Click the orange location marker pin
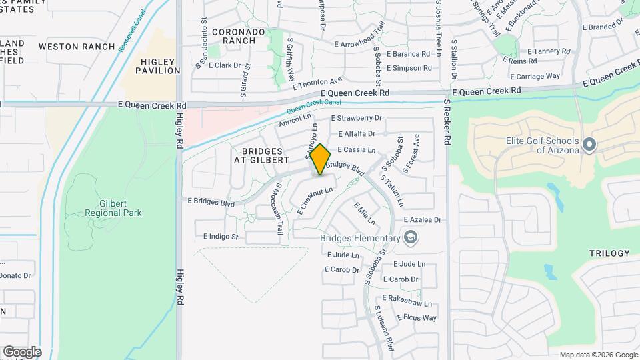321,159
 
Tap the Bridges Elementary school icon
411,237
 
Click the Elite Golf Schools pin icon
589,145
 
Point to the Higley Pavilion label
158,66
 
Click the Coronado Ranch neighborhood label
234,36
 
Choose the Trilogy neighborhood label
609,253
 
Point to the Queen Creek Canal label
313,106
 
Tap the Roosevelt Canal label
131,32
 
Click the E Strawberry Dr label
358,118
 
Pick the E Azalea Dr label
423,219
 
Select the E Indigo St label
216,237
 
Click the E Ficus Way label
417,318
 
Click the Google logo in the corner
21,352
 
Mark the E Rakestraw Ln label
407,303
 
